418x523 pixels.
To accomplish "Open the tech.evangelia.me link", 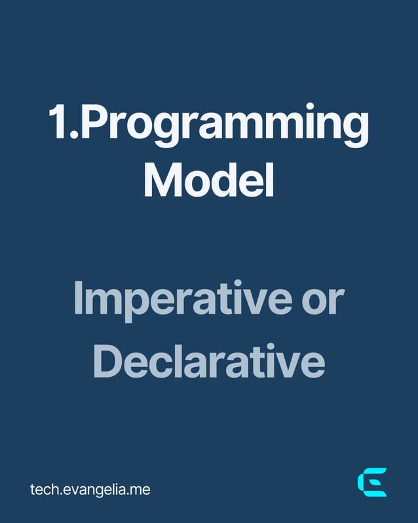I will pyautogui.click(x=90, y=489).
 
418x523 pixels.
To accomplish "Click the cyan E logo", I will pyautogui.click(x=372, y=482).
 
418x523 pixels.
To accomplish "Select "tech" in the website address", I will pyautogui.click(x=43, y=489).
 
